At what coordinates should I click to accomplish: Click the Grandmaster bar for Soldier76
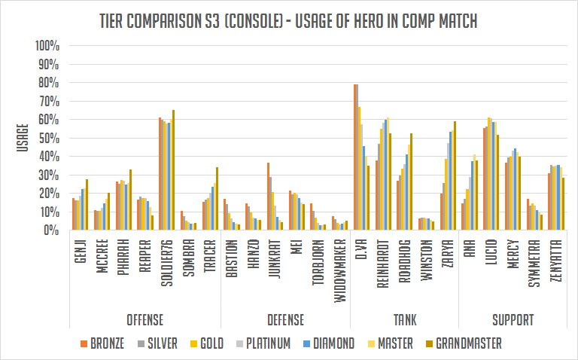pos(173,170)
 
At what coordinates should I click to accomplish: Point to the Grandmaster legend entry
pos(452,343)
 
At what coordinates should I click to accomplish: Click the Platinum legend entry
pos(259,343)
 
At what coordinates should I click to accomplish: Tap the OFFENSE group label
pos(145,320)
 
